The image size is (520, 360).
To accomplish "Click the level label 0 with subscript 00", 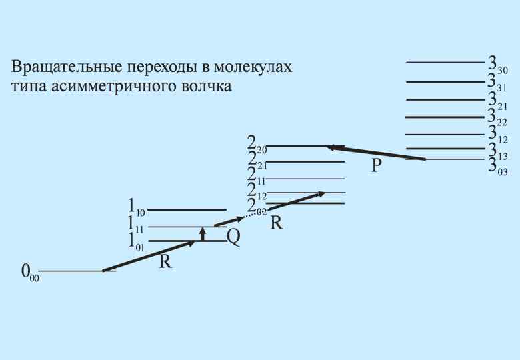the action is pos(30,273).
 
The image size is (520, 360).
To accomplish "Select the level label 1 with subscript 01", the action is pos(136,241).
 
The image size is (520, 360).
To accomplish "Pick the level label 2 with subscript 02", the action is pos(255,207).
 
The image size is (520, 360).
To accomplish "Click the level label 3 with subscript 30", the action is pos(497,65).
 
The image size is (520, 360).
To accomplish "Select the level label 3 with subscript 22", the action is pos(497,118).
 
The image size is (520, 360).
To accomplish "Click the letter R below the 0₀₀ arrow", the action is pos(166,262).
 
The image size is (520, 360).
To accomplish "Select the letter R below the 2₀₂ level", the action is pos(277,223).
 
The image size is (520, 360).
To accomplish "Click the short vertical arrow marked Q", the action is pos(203,234).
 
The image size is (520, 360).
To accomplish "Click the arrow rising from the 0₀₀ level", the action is pos(150,255).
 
